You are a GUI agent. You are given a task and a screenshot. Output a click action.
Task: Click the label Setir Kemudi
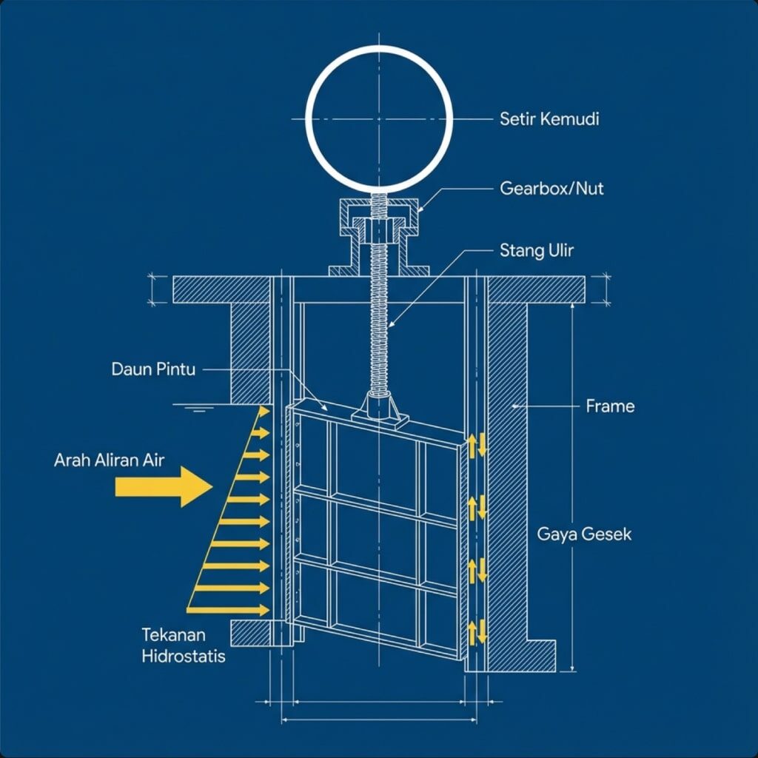[x=549, y=118]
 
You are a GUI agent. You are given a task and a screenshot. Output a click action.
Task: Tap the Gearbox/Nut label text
[x=551, y=189]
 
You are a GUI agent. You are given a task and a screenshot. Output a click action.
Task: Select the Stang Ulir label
[x=537, y=250]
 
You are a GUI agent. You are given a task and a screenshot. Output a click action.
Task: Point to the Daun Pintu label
[x=153, y=369]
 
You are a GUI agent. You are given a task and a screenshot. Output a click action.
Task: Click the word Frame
[x=610, y=406]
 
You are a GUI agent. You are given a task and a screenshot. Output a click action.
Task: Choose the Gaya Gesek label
[x=585, y=534]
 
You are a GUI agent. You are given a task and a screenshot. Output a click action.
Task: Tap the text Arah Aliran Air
[x=109, y=460]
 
